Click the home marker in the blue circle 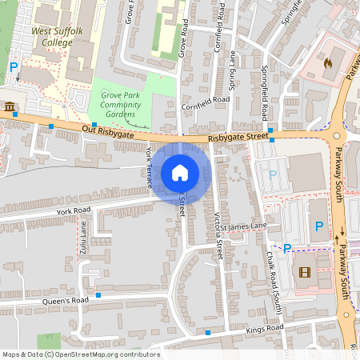180,172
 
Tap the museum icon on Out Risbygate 9,107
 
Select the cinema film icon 304,271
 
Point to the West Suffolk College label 52,37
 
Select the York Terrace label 149,167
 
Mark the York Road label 74,210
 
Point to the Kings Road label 266,329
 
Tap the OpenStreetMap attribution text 80,354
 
